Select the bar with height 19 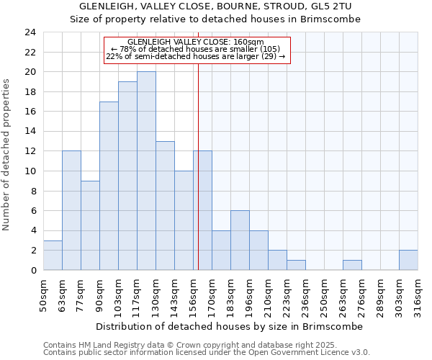click(127, 176)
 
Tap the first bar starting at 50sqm click(53, 255)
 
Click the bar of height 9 click(90, 225)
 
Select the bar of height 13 click(165, 205)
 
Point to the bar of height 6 click(240, 240)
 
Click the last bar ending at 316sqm click(408, 260)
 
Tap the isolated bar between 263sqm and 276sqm click(352, 265)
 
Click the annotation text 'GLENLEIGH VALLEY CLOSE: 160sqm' click(196, 42)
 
